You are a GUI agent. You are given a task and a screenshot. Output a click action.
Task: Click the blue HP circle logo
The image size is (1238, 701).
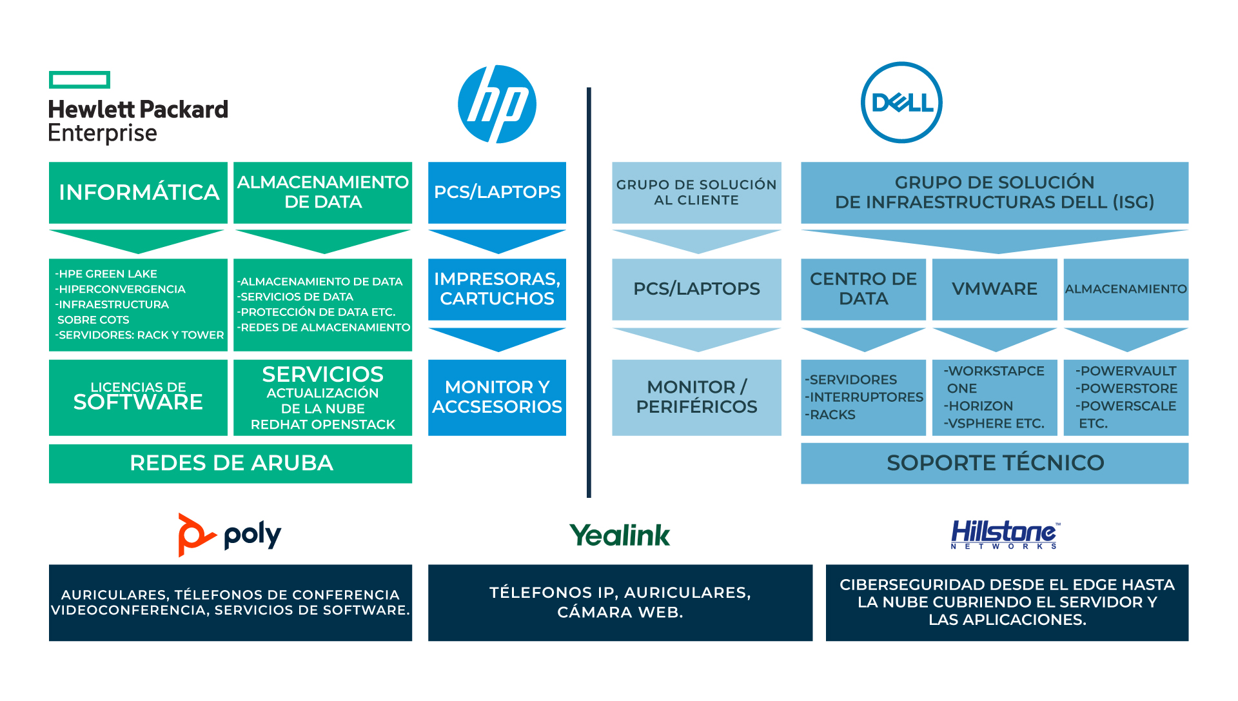(497, 104)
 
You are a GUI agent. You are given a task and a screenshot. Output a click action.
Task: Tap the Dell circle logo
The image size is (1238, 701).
(901, 103)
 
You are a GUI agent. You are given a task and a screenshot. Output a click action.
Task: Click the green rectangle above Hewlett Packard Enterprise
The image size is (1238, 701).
(79, 80)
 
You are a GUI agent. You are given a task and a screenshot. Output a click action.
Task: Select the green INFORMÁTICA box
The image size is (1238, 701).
(138, 192)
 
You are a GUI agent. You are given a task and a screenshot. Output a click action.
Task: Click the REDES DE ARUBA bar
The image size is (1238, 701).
(230, 463)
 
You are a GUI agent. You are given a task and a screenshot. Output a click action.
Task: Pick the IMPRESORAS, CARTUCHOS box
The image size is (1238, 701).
(497, 289)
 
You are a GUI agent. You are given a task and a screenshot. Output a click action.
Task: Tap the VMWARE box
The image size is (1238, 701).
(994, 289)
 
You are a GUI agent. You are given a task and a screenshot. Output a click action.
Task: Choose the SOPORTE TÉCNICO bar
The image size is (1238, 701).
(994, 463)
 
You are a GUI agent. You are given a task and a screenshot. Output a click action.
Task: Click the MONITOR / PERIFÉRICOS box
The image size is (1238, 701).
(696, 397)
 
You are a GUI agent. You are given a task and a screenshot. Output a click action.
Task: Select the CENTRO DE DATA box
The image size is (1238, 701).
(863, 289)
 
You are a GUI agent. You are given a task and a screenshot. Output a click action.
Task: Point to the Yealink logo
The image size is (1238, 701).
(620, 535)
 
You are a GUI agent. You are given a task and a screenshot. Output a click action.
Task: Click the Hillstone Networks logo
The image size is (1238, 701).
(1005, 535)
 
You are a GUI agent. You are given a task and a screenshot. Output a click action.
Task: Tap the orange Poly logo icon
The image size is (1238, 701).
(194, 535)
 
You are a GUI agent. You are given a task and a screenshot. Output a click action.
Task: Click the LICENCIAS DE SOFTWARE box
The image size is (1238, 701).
(138, 397)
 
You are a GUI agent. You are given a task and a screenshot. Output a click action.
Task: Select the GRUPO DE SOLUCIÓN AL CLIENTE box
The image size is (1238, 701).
(696, 192)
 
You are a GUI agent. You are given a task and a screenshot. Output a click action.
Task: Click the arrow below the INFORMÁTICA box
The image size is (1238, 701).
(137, 241)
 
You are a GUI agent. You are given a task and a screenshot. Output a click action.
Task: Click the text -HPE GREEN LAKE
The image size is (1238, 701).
(106, 273)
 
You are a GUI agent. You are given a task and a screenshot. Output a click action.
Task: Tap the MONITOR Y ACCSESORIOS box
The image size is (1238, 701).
(497, 397)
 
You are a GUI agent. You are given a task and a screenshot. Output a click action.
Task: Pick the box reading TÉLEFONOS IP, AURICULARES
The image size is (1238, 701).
(620, 602)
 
